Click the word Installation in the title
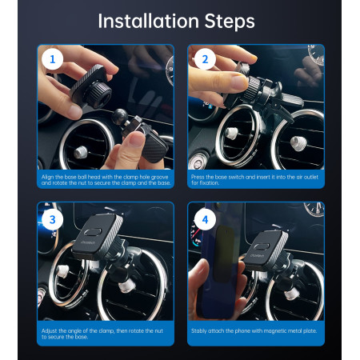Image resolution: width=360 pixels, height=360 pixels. [146, 20]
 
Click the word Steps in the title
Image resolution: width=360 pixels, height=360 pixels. [227, 20]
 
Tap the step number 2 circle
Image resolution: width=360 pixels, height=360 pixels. [204, 59]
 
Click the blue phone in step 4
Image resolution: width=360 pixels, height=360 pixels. [222, 272]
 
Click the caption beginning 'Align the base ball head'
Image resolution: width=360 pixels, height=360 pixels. [105, 179]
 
